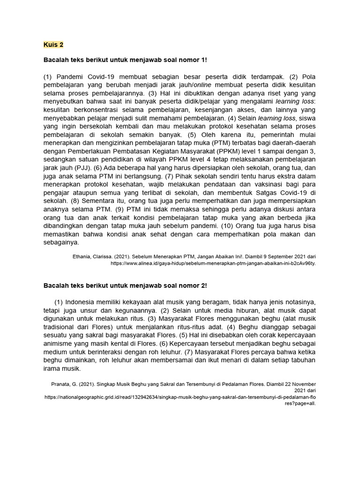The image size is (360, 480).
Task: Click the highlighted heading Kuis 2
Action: coord(53,45)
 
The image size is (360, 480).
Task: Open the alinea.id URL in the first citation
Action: coord(213,263)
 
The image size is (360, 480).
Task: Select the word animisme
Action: coord(58,343)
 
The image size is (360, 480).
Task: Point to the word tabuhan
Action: coord(303,360)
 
